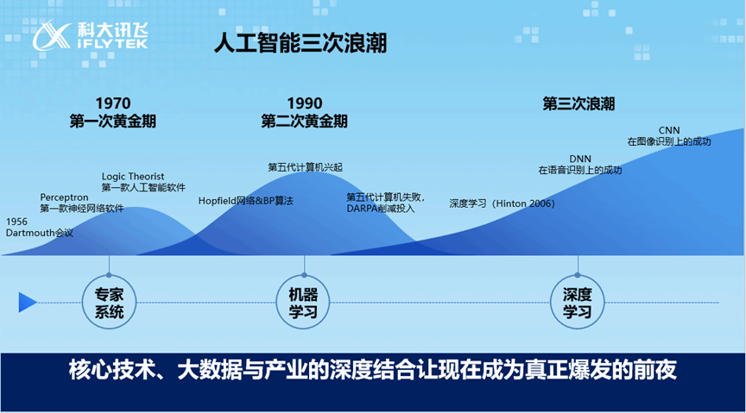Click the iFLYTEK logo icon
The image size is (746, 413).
coord(52,35)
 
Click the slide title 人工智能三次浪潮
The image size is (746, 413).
coord(300,43)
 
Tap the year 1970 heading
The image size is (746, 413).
coord(113,103)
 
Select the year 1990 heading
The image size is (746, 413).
coord(305,103)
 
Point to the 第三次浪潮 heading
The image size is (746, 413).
coord(578,103)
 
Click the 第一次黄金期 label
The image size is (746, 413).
coord(113,122)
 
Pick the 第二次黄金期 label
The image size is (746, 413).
coord(305,122)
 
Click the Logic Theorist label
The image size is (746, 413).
coord(133,176)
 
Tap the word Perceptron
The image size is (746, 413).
coord(64,197)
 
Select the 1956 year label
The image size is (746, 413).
coord(16,222)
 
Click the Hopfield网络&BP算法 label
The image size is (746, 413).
coord(245,201)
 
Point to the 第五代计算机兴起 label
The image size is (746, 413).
coord(305,167)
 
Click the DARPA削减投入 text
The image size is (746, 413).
coord(381,209)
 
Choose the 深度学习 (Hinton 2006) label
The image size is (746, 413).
coord(502,203)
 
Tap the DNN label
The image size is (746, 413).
coord(580,159)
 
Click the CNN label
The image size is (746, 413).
coord(669,130)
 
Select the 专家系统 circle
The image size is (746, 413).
coord(109,303)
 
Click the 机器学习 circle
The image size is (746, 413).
coord(303,303)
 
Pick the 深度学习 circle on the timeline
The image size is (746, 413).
coord(577,303)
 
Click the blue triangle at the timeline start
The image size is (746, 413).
coord(27,303)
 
